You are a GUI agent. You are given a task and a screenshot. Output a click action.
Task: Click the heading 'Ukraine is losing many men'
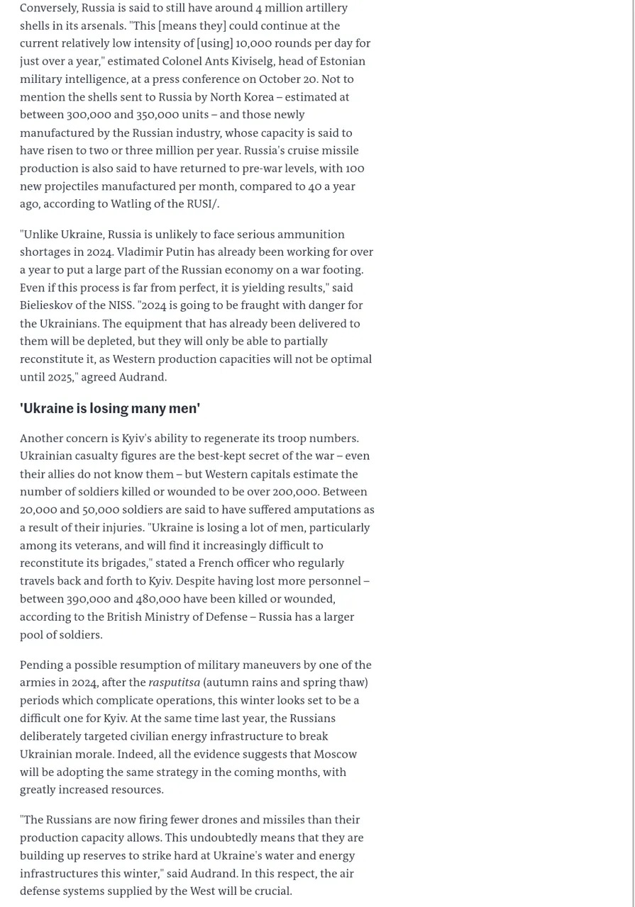[110, 408]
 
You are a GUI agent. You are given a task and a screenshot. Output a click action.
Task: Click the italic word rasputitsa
[174, 682]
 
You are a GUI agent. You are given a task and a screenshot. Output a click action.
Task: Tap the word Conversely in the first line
[49, 8]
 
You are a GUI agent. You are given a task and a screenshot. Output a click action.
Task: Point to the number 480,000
[158, 599]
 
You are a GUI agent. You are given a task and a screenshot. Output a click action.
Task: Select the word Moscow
[335, 754]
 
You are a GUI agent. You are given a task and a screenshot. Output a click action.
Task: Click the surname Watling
[125, 204]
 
